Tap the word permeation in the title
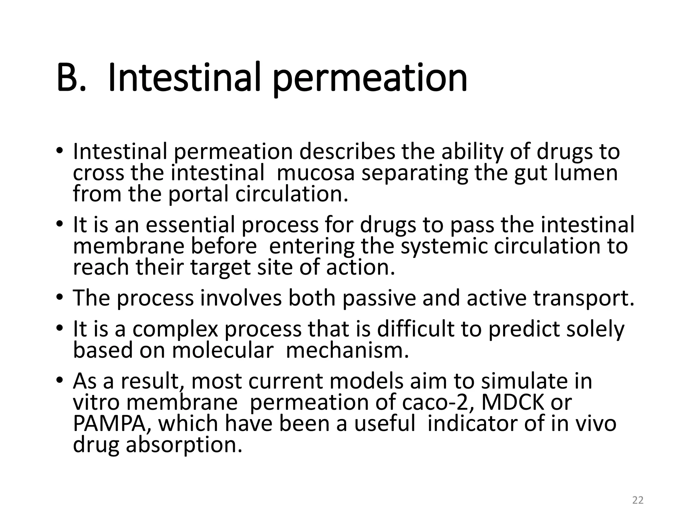click(370, 79)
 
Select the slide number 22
click(638, 500)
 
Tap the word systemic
click(444, 246)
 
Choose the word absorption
click(184, 445)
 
